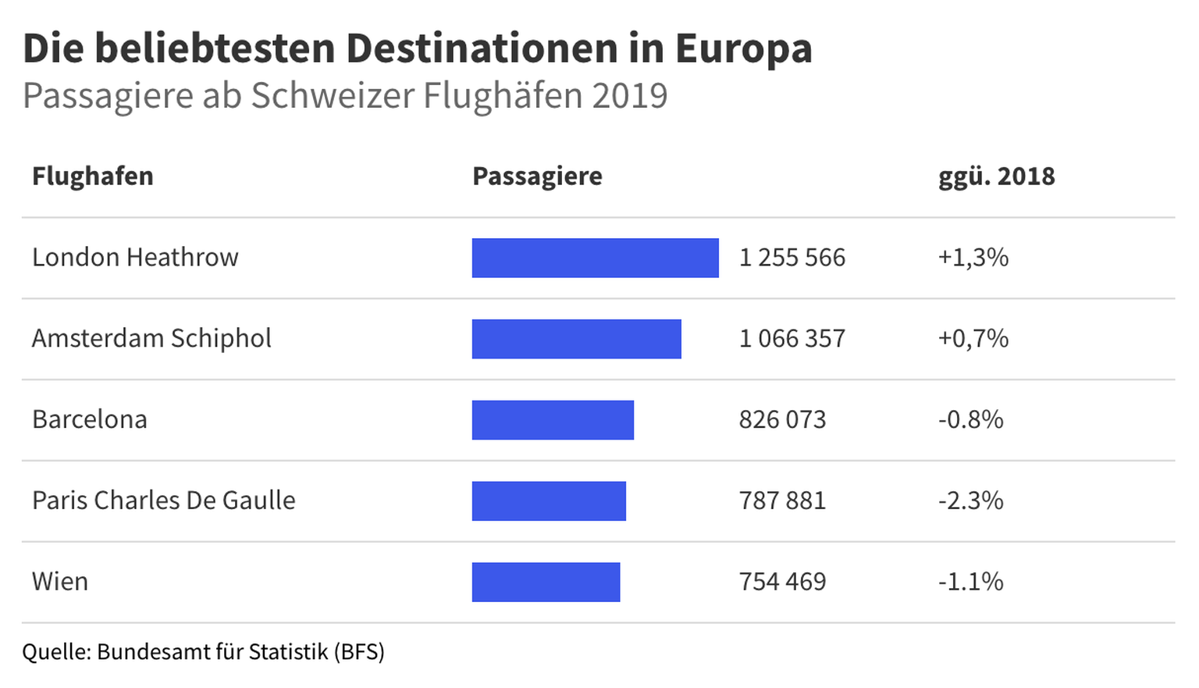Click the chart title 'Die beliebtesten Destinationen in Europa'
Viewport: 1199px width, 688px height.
tap(418, 48)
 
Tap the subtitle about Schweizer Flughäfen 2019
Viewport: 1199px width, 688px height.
tap(345, 96)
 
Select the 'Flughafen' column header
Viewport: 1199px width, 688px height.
tap(93, 176)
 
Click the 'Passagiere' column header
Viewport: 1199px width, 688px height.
tap(537, 176)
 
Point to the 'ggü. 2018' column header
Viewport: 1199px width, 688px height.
tap(996, 176)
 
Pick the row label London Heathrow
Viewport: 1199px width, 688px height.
tap(135, 258)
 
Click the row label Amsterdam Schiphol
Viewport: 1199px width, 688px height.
tap(151, 339)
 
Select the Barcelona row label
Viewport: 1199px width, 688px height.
tap(90, 420)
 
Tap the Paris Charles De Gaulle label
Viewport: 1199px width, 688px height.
tap(164, 501)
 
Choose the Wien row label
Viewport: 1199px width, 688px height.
tap(60, 582)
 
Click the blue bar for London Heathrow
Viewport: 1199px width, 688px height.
tap(595, 258)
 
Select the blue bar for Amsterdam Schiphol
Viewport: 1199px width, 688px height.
tap(576, 339)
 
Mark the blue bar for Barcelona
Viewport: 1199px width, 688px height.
tap(553, 420)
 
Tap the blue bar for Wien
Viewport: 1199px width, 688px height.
tap(546, 582)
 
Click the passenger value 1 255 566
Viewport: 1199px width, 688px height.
tap(792, 258)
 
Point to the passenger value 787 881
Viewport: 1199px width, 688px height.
tap(782, 501)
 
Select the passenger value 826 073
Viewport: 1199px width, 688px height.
tap(782, 420)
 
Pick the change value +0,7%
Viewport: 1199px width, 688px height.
tap(973, 339)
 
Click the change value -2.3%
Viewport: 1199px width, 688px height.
tap(970, 501)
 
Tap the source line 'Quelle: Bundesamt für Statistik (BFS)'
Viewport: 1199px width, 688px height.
tap(203, 651)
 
